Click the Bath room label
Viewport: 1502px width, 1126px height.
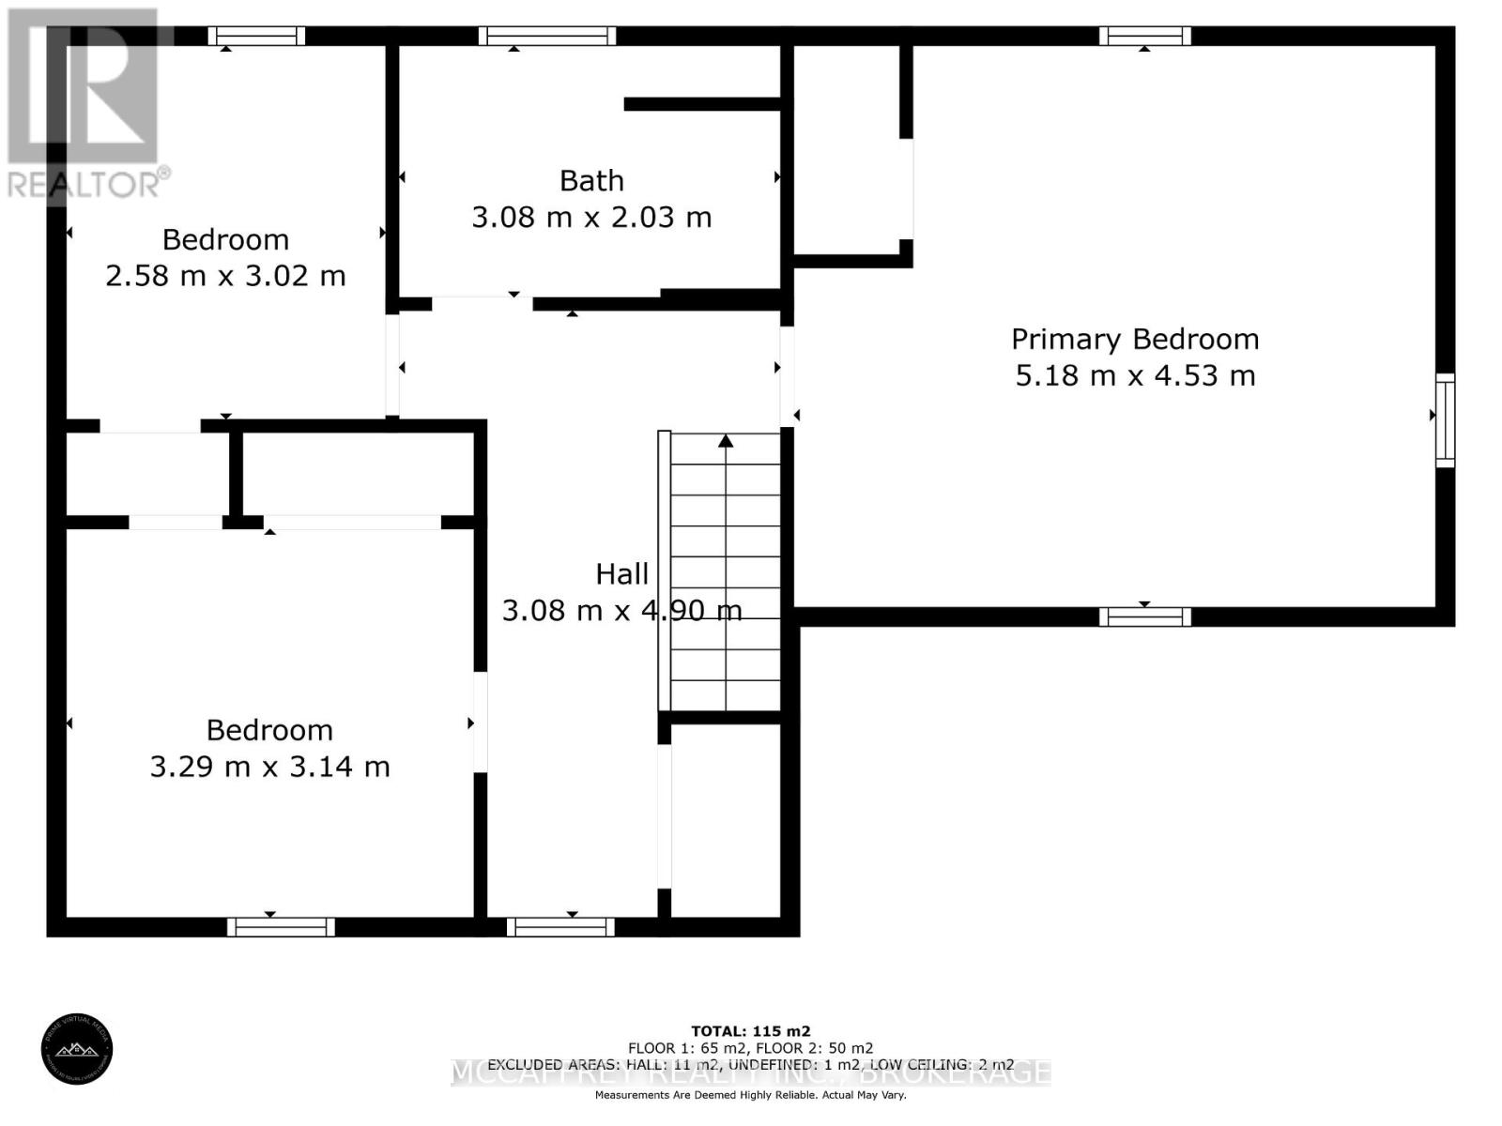(x=591, y=180)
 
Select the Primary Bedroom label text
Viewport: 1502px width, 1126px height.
(x=1134, y=339)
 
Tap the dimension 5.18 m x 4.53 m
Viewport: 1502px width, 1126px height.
(x=1134, y=375)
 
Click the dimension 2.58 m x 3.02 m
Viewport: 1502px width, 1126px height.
(x=225, y=276)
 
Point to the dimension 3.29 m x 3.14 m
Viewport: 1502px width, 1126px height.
(x=269, y=767)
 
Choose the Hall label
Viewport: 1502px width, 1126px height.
(x=621, y=574)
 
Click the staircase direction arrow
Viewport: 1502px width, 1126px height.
(x=726, y=441)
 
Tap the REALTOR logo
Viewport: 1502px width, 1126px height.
(x=86, y=103)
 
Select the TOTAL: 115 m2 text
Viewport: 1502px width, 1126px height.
(x=750, y=1030)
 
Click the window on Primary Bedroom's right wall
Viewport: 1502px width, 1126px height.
(x=1445, y=419)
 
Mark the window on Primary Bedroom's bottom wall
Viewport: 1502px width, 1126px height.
(x=1144, y=616)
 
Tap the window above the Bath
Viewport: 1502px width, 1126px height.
(x=546, y=36)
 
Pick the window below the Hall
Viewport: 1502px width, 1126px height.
(x=560, y=927)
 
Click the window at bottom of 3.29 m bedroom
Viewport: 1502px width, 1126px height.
(x=281, y=927)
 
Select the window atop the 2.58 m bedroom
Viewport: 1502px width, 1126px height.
(x=256, y=36)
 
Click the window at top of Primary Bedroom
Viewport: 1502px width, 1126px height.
(x=1144, y=36)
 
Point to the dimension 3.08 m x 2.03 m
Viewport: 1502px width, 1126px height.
(x=591, y=218)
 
